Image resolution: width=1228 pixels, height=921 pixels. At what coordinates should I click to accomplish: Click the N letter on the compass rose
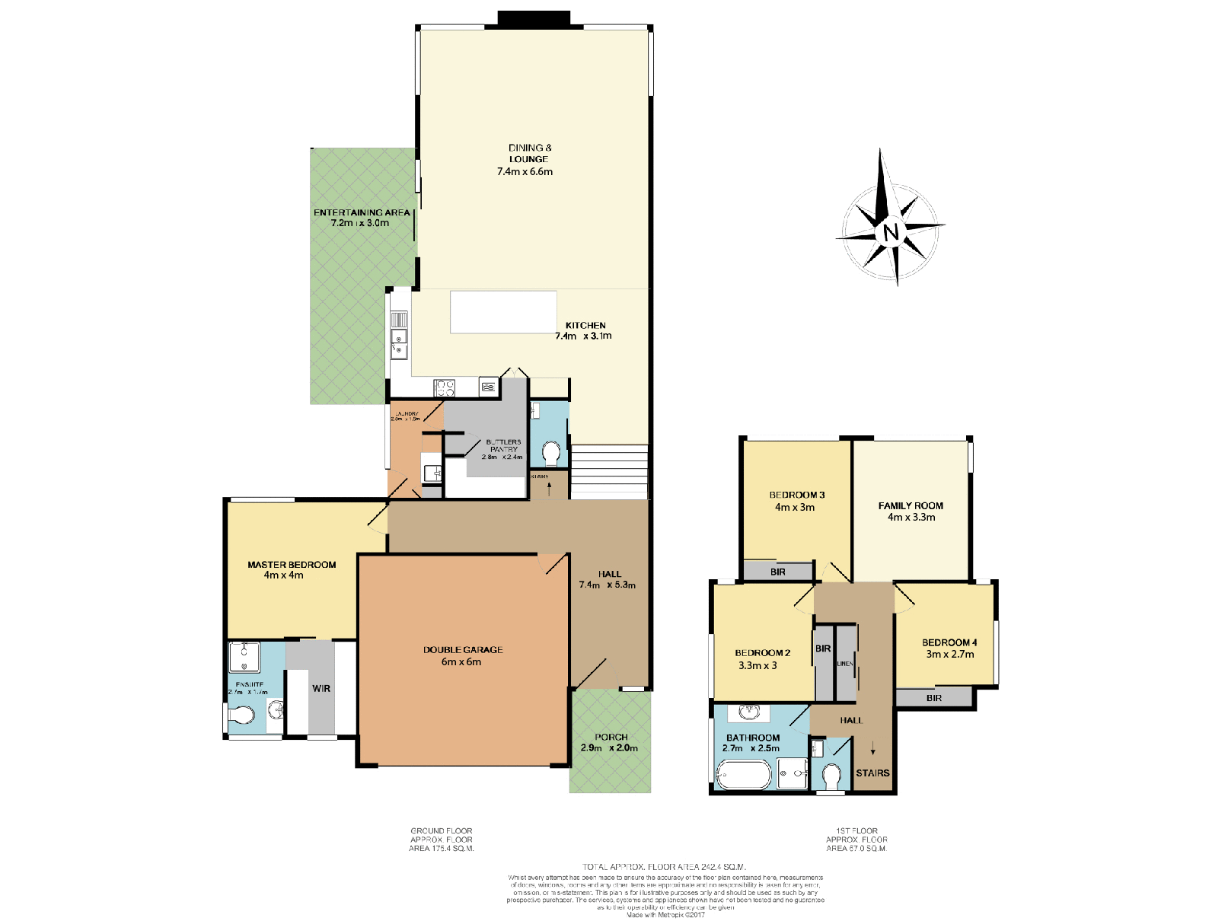coord(891,231)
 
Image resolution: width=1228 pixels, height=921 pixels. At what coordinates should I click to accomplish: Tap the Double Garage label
coord(463,650)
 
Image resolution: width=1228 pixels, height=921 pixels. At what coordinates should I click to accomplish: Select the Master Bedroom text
coord(292,565)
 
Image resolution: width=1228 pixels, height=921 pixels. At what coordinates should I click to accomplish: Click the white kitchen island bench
coord(503,312)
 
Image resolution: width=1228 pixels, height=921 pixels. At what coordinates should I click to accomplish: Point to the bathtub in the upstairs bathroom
coord(744,776)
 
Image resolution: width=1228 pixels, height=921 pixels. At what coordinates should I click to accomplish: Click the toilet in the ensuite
coord(243,715)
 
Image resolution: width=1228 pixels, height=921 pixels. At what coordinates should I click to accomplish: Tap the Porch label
coord(611,737)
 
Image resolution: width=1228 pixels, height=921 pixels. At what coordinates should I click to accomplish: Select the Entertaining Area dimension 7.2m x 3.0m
coord(360,223)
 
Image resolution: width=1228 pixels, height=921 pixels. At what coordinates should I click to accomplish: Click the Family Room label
coord(911,505)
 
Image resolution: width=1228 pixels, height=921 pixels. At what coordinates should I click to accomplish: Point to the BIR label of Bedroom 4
coord(934,698)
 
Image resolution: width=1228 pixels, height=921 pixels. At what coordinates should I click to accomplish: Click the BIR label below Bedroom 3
coord(777,572)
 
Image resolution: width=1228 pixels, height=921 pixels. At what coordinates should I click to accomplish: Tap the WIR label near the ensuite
coord(321,688)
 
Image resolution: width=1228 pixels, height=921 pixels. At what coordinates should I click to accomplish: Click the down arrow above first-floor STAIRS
coord(873,750)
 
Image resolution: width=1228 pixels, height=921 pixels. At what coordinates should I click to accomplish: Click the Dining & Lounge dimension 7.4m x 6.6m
coord(525,172)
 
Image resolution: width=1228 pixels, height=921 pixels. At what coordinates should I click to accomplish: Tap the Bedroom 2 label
coord(762,653)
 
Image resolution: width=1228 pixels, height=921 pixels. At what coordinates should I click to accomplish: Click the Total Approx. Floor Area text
coord(664,866)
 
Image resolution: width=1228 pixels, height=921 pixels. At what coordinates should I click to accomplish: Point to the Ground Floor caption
coord(442,831)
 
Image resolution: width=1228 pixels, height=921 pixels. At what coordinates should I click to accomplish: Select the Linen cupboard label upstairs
coord(845,664)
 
